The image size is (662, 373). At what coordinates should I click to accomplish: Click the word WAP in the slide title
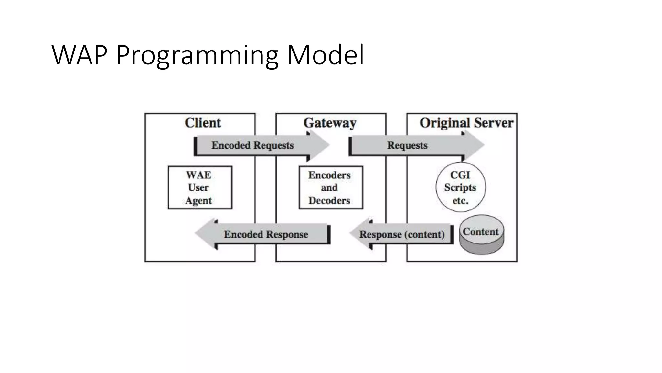tap(79, 55)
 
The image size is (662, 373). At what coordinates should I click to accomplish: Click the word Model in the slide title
tap(326, 55)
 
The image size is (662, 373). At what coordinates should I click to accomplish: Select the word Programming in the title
tap(197, 56)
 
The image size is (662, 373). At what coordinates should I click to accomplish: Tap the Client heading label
tap(203, 123)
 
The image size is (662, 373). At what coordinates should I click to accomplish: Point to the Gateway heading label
tap(330, 123)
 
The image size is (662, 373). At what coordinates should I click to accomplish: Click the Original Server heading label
tap(466, 123)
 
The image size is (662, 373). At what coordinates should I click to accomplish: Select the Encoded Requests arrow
tap(252, 145)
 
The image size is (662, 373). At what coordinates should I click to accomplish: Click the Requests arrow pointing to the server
tap(407, 145)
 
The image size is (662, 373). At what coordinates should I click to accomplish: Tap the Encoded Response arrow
tap(266, 234)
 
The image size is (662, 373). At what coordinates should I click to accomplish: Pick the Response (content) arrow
tap(402, 234)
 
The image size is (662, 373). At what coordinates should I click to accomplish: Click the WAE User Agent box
tap(200, 187)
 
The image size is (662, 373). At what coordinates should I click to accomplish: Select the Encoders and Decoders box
tap(330, 187)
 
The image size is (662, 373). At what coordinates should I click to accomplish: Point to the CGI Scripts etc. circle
tap(460, 187)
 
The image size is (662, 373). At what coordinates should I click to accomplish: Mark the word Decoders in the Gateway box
tap(329, 201)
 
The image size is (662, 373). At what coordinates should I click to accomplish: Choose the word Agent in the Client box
tap(198, 201)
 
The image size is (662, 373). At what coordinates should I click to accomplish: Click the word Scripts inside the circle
tap(460, 187)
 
